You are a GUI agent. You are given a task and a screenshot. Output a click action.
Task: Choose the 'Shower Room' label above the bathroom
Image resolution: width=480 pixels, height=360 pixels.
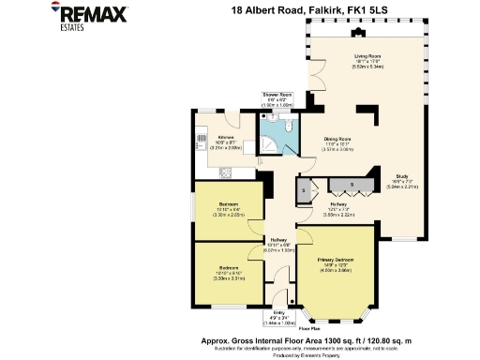(277, 95)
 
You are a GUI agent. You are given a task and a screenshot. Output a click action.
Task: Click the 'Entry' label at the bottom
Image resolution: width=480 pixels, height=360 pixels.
(277, 313)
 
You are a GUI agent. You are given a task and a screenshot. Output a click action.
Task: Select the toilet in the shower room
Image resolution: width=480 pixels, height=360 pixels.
(291, 125)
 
